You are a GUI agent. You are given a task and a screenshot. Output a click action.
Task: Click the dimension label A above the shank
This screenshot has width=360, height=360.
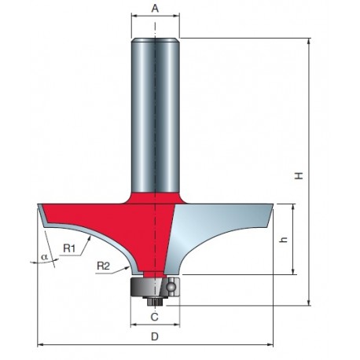point(155,9)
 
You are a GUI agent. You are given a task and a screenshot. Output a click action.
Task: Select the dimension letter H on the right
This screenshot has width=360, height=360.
point(299,175)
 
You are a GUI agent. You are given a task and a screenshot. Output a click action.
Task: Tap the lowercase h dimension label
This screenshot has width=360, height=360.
point(284,239)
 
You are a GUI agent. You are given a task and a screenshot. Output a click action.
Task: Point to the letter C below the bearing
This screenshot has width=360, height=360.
point(155,317)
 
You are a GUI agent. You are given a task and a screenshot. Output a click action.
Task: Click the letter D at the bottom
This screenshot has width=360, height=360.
point(155,336)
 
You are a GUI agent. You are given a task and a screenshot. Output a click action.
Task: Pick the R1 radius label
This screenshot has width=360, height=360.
point(69,248)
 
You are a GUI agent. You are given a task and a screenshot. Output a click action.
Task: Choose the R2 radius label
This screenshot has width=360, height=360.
point(103,266)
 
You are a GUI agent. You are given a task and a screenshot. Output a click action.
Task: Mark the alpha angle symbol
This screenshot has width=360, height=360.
point(45,257)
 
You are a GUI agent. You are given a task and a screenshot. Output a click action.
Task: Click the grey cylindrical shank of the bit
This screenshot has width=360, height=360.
point(155,116)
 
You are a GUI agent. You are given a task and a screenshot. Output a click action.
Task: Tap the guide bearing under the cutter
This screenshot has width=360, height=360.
point(155,287)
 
